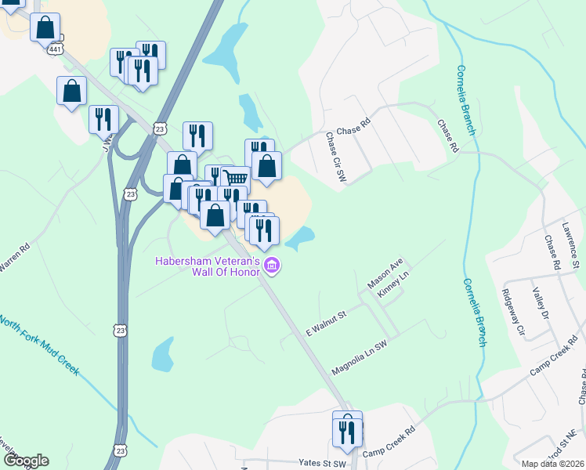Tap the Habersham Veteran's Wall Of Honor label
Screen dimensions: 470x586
(x=207, y=266)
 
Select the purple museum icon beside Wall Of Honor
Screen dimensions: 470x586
(x=272, y=266)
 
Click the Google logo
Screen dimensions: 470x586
(x=26, y=461)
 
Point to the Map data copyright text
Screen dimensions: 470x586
(x=552, y=464)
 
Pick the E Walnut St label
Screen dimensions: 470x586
(x=325, y=324)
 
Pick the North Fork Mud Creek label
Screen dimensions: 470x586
(x=39, y=345)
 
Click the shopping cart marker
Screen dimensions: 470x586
(x=235, y=179)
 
